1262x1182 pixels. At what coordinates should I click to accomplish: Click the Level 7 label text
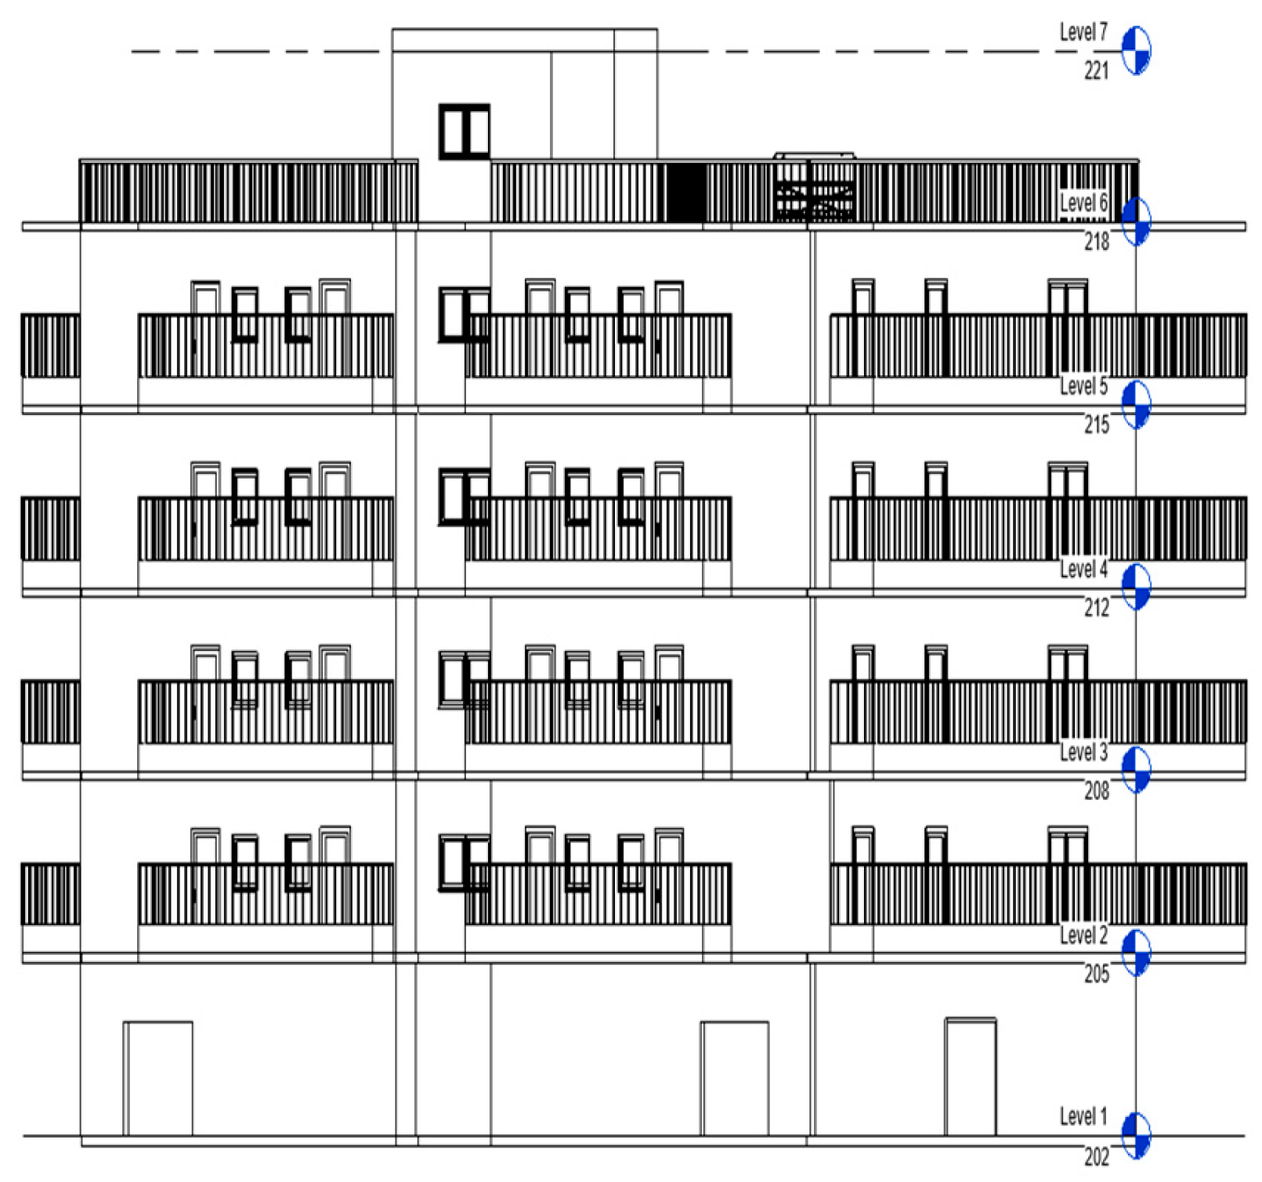(1083, 32)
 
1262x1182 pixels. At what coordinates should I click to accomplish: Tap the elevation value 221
(1097, 70)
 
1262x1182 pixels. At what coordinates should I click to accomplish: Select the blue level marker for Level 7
(1136, 50)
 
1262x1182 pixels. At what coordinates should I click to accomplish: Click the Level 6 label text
(1083, 203)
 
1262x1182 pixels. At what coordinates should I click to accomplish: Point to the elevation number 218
(1097, 241)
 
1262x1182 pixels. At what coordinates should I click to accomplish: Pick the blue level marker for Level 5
(1136, 404)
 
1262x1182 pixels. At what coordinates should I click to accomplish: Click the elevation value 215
(1097, 425)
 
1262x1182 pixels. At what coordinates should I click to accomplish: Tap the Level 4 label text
(1083, 569)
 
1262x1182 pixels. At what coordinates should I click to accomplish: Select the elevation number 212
(1097, 607)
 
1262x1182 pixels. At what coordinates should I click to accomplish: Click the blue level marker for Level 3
(1136, 769)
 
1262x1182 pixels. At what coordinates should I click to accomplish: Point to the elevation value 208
(1097, 790)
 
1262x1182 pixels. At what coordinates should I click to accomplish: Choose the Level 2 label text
(1083, 935)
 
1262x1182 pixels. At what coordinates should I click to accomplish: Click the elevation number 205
(1097, 974)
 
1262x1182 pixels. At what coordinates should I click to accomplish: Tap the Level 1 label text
(1083, 1116)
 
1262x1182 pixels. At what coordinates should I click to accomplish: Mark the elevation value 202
(1097, 1156)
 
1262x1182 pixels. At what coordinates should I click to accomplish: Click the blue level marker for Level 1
(1136, 1134)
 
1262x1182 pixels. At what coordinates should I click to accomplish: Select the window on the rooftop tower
(464, 132)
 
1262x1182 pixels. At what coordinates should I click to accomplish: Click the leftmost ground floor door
(158, 1078)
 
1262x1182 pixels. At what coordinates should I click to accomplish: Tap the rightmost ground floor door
(971, 1076)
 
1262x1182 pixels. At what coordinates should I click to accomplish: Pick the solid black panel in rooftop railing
(686, 193)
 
